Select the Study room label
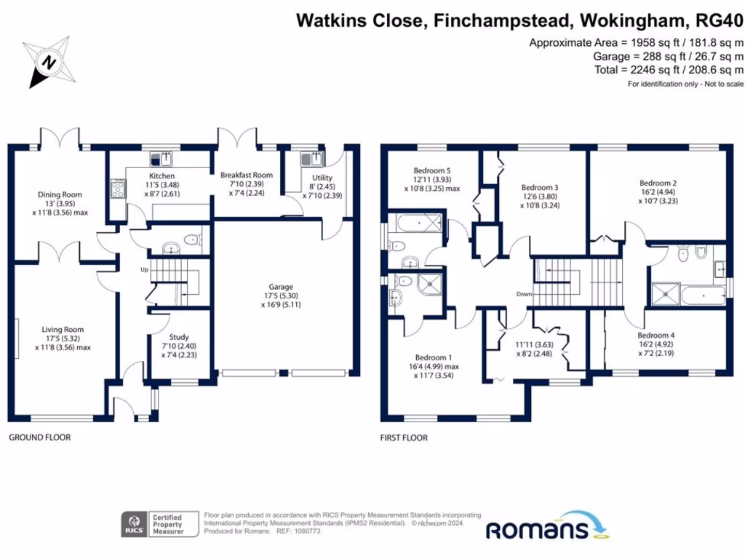point(179,337)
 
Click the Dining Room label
point(60,194)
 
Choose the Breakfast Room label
point(247,175)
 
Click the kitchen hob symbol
point(117,190)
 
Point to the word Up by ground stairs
point(145,270)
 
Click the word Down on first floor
point(525,294)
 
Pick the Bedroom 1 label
point(434,357)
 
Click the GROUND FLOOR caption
point(39,437)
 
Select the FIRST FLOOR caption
point(404,437)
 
